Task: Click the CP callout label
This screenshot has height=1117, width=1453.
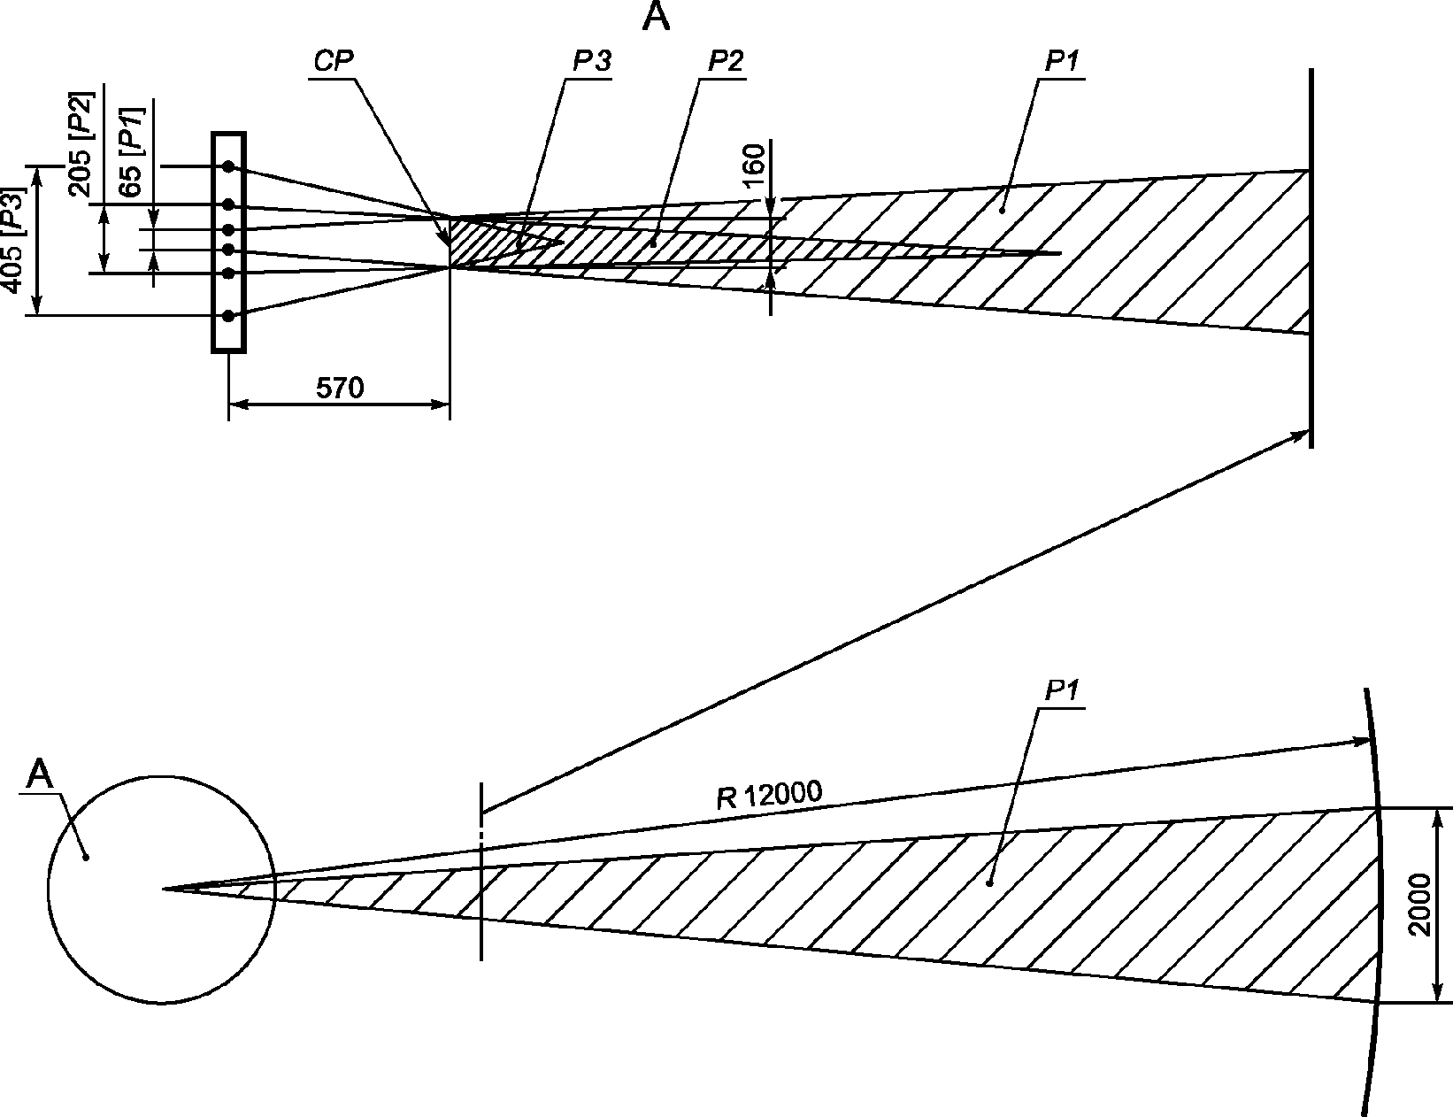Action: click(333, 62)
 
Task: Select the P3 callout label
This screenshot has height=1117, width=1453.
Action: click(592, 62)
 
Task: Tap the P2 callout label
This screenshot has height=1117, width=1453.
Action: click(726, 62)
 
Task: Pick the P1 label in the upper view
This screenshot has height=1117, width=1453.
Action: click(1062, 62)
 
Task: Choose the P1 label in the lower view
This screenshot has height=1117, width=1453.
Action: click(1062, 691)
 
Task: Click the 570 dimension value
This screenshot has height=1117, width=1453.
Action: click(340, 388)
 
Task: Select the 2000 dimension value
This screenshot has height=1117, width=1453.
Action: click(1418, 905)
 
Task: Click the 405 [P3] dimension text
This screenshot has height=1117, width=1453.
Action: click(12, 241)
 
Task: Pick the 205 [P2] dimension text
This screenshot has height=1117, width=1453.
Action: click(81, 143)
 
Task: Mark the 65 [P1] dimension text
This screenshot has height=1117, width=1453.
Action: click(130, 152)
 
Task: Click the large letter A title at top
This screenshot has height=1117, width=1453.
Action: click(656, 17)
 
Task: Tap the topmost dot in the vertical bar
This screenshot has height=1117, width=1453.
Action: click(228, 166)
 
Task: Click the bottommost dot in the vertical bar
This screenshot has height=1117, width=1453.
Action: click(228, 316)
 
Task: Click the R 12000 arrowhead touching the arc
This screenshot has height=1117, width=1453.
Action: click(1361, 741)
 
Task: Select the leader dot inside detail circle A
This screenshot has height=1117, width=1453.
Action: click(86, 857)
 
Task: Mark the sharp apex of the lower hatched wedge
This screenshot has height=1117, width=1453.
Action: click(164, 889)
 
